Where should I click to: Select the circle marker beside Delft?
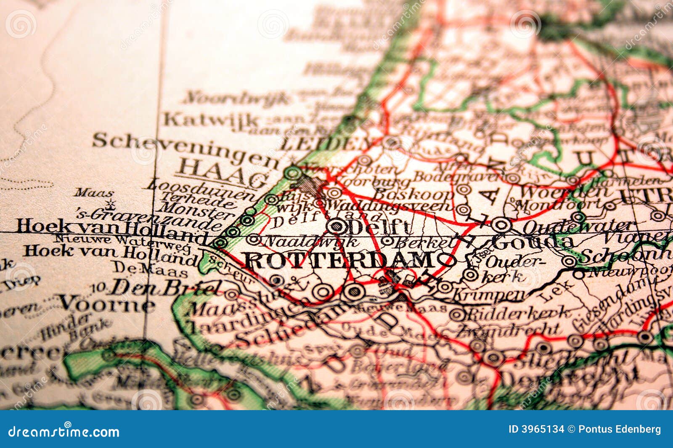(x=337, y=226)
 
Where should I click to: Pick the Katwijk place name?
(x=210, y=120)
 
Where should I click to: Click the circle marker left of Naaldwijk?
(x=254, y=240)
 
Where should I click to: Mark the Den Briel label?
(x=164, y=288)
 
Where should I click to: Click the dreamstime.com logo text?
(x=64, y=432)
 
